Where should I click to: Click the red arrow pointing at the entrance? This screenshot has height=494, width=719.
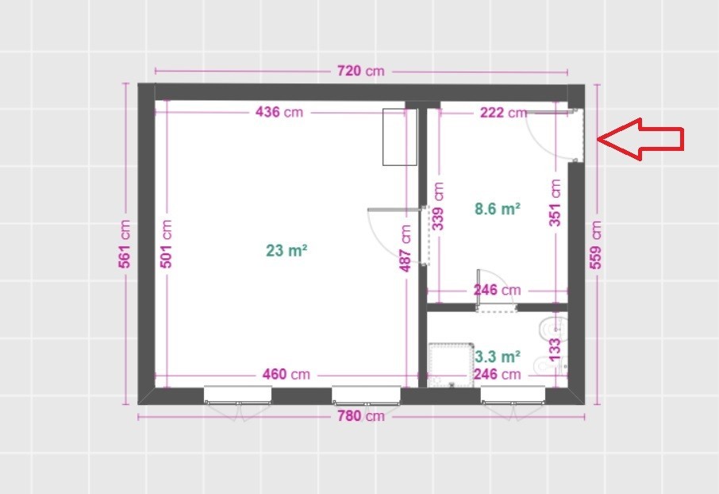point(640,139)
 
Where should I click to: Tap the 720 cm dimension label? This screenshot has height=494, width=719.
point(361,71)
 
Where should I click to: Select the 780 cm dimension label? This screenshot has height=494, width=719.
point(361,416)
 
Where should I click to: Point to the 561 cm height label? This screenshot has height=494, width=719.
point(125,244)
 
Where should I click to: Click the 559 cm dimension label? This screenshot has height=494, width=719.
point(595,245)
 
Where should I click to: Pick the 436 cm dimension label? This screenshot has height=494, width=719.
point(279,112)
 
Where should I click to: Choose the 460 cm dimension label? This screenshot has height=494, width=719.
point(286,374)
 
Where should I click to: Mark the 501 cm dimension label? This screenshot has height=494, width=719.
point(166,244)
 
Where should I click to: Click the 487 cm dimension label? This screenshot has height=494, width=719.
point(406,249)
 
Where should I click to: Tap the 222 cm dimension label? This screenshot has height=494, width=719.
point(503,113)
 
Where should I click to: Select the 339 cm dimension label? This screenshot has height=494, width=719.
point(438,206)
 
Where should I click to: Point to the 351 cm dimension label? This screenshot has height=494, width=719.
point(555,203)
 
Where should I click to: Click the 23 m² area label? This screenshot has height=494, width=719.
point(286,251)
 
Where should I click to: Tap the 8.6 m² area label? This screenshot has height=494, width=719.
point(498,209)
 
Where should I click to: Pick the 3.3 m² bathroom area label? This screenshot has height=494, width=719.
point(498,357)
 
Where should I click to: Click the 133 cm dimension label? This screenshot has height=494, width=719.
point(555,349)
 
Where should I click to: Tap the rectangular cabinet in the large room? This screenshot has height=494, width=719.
point(400,137)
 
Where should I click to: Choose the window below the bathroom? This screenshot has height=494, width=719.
point(513,396)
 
